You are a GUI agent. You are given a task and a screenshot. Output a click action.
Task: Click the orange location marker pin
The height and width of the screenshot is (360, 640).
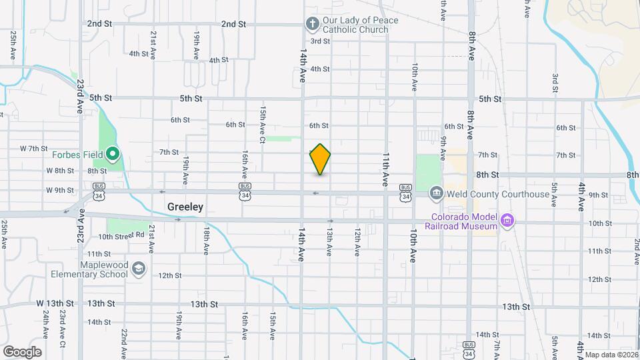point(320,159)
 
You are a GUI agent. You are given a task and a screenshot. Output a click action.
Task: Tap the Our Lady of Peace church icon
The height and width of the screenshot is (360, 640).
point(311,25)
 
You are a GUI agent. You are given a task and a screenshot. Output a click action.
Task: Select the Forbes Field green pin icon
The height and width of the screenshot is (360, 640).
point(113,157)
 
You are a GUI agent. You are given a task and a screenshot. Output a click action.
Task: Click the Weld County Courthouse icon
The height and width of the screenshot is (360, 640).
point(435,194)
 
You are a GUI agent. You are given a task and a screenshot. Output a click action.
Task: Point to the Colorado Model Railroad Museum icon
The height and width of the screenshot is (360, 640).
point(507,220)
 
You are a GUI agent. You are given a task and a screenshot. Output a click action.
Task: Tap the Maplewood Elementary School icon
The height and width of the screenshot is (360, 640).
point(139,269)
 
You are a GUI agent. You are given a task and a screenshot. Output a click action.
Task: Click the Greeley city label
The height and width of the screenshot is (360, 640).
point(185,207)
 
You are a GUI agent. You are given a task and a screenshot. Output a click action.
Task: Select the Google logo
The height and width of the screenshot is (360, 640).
point(22,351)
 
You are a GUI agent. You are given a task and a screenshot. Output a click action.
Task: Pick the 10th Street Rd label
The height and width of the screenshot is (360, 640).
point(121,235)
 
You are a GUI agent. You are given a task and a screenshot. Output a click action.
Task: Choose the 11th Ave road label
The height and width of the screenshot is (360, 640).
point(386,169)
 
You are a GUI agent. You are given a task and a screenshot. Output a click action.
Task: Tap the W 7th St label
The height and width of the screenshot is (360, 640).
point(33,148)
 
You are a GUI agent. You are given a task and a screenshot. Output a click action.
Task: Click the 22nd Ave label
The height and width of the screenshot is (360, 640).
point(124,339)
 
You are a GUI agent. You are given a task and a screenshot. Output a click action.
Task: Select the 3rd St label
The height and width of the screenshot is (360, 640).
point(321,41)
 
